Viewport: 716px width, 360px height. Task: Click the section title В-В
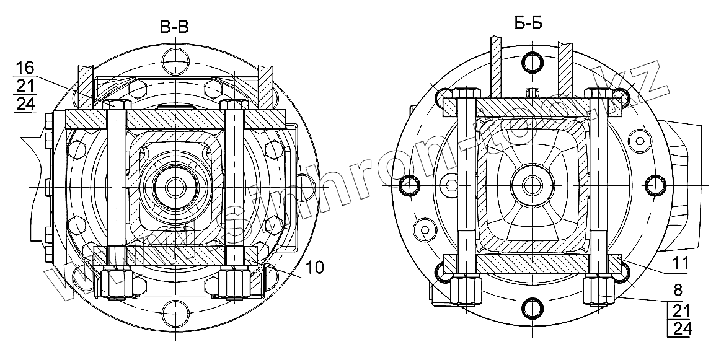click(x=174, y=27)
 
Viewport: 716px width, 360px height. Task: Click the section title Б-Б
click(x=528, y=23)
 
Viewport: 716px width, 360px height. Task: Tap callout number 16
click(x=25, y=68)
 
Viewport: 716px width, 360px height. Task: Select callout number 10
click(x=314, y=268)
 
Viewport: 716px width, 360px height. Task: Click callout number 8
click(x=678, y=290)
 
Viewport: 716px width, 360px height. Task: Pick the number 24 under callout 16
click(x=25, y=104)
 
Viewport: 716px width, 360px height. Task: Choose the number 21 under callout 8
click(x=681, y=310)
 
